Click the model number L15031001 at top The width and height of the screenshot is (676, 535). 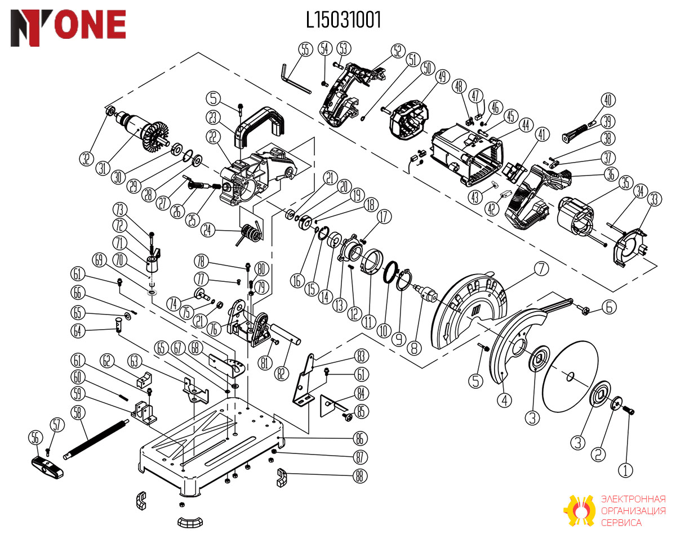(x=343, y=20)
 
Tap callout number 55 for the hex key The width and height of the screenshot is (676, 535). (x=305, y=50)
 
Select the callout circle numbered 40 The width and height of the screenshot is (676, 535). (x=608, y=100)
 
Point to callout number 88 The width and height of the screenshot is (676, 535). (x=359, y=476)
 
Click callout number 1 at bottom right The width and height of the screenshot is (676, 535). (x=625, y=470)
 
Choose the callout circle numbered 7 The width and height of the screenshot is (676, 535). (x=541, y=269)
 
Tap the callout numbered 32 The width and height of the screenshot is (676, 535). (x=86, y=159)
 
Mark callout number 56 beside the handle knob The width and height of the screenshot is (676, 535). (x=35, y=438)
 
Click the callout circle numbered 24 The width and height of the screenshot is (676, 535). (x=208, y=230)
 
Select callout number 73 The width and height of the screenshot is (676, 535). (x=119, y=210)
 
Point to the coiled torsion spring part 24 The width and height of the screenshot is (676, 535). (x=250, y=234)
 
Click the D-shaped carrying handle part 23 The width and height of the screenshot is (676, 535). (x=260, y=127)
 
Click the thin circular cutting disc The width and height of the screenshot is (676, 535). (x=571, y=376)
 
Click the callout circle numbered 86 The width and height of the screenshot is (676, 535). (x=359, y=438)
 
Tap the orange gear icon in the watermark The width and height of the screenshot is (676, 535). (x=580, y=510)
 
